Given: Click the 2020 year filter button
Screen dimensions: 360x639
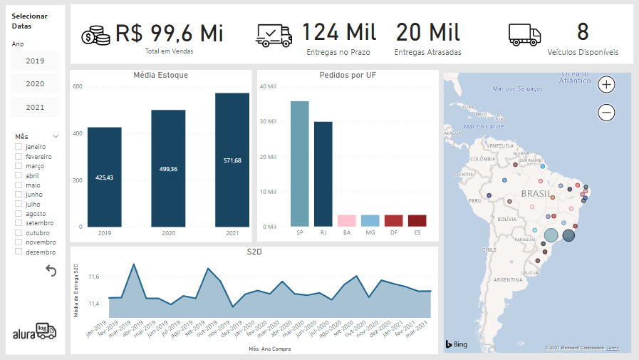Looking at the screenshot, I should [x=35, y=83].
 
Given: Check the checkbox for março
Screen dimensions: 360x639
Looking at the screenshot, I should [x=19, y=166].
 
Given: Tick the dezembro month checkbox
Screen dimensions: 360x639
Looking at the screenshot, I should [x=19, y=252].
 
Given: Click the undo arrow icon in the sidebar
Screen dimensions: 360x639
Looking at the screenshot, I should [x=51, y=270].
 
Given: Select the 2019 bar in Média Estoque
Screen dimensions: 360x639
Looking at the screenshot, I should [x=104, y=177].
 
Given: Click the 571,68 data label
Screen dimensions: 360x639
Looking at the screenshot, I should [x=232, y=160].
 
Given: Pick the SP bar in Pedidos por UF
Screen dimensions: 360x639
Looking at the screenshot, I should [x=300, y=163].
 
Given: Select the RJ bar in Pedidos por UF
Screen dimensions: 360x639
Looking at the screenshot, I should [x=323, y=174].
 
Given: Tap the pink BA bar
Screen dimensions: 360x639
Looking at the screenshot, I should [x=346, y=220].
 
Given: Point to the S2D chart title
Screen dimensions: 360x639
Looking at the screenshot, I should [x=254, y=252].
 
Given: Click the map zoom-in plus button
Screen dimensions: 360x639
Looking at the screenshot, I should [x=607, y=85].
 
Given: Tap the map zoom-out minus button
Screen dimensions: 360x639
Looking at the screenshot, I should [x=607, y=112].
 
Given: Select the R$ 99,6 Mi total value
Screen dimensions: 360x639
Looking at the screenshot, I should [x=170, y=33].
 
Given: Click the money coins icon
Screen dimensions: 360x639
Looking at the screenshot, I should [x=95, y=36].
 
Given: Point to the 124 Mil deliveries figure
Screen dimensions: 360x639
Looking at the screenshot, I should [x=339, y=32].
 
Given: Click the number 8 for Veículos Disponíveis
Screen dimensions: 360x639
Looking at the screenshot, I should [x=583, y=32].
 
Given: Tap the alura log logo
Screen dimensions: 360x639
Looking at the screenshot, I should [x=34, y=331].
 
